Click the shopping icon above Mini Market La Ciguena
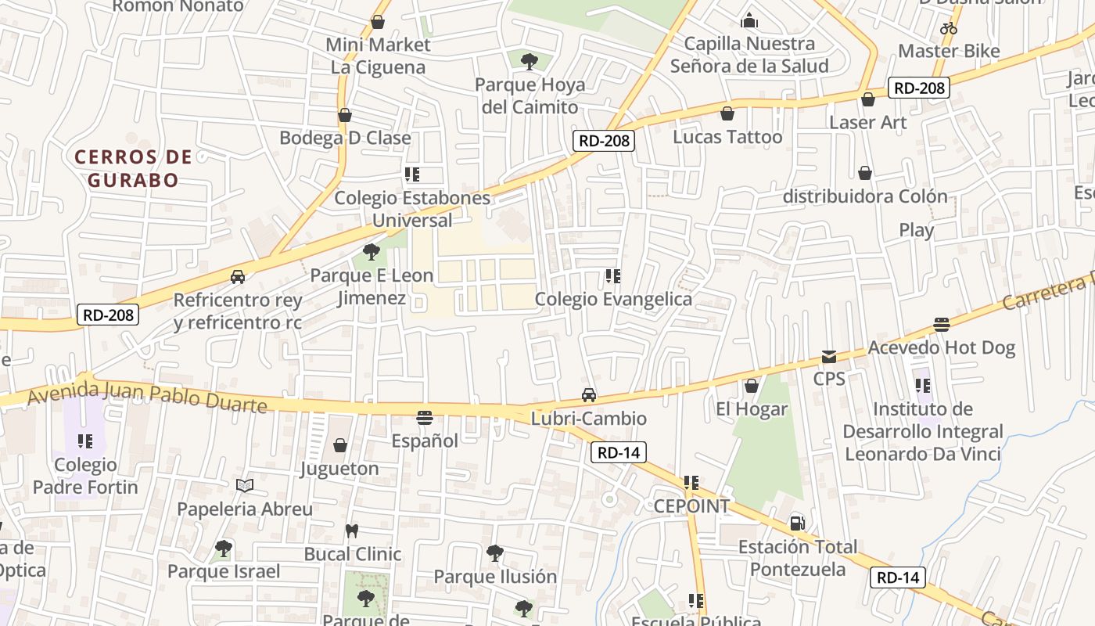[x=378, y=22]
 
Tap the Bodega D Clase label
[x=345, y=138]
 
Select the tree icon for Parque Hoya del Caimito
[x=530, y=61]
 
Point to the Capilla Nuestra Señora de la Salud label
[x=749, y=55]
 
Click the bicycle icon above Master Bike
[x=949, y=28]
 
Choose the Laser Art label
[x=867, y=122]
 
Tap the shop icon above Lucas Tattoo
[x=727, y=114]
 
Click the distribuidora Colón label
[x=865, y=196]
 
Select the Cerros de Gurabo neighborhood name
[x=133, y=168]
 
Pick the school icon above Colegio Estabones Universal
[x=412, y=174]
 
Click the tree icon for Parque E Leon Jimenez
[x=372, y=252]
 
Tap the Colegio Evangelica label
[x=613, y=299]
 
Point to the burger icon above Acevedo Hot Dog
[x=942, y=325]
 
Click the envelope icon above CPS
[x=828, y=357]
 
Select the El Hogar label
[x=752, y=408]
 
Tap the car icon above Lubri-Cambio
[x=589, y=396]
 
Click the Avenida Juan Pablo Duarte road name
[x=147, y=395]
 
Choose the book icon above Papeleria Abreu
[x=245, y=486]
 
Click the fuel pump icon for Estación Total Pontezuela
[x=797, y=523]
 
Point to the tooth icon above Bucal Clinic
[x=352, y=531]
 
